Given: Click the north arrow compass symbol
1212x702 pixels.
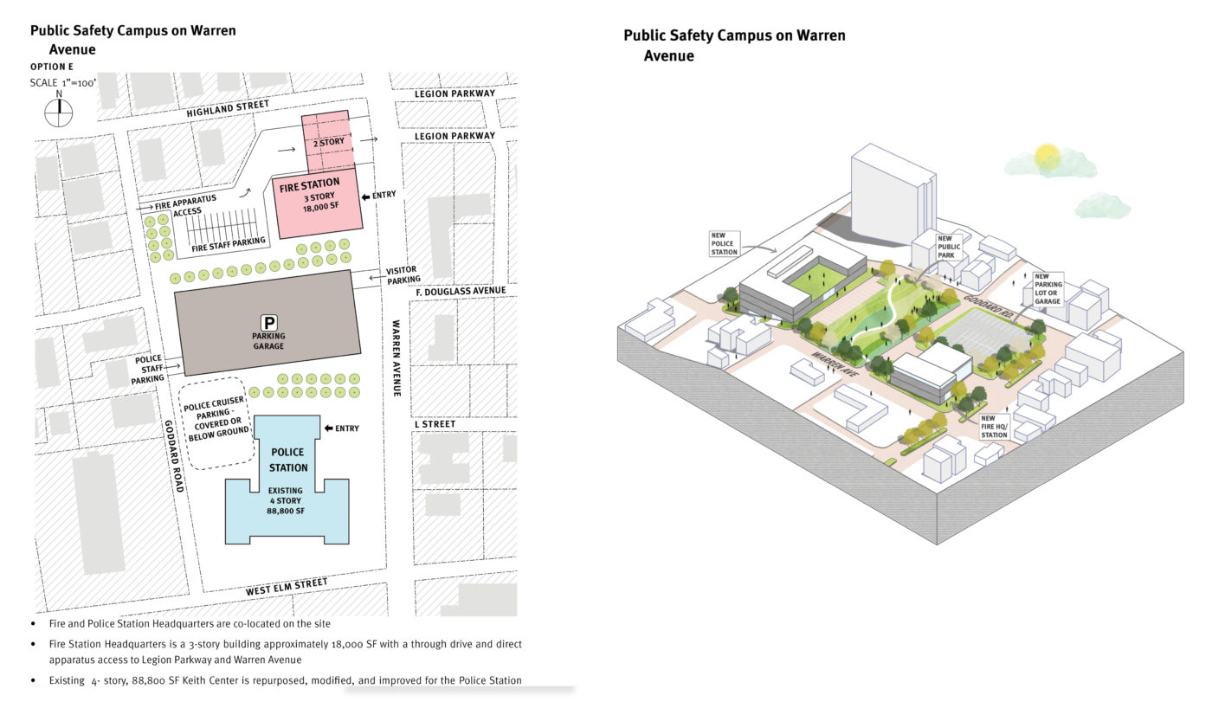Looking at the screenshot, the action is coord(59,113).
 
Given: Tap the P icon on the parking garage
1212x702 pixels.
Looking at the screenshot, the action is coord(269,322).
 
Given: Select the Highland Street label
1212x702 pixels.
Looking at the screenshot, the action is coord(228,108).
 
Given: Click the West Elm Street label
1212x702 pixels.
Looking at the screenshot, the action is coord(287,587).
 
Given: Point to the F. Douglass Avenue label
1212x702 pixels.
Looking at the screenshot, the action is coord(461,292).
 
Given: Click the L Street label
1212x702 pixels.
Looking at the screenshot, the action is coord(435,424).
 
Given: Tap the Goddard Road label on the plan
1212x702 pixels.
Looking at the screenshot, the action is coord(174,456).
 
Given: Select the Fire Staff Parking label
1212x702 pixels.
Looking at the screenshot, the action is coord(229,244).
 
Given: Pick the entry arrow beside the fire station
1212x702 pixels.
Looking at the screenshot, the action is coord(365,196).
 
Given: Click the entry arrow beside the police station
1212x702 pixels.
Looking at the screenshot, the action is coord(328,428).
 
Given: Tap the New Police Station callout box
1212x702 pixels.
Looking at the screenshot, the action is coord(724,244).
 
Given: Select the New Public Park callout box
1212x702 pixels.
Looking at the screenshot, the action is coord(949,247).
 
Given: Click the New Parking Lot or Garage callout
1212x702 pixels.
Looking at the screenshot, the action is coord(1048,289).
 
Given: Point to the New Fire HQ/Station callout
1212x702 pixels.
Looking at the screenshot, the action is coord(994,427).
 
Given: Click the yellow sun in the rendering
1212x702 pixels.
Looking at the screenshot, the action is coord(1047,156).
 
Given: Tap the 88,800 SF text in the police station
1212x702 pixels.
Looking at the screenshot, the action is coord(285,511).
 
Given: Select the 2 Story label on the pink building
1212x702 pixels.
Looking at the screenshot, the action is coord(328,142).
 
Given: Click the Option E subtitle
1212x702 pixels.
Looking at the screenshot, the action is coord(51,67).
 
